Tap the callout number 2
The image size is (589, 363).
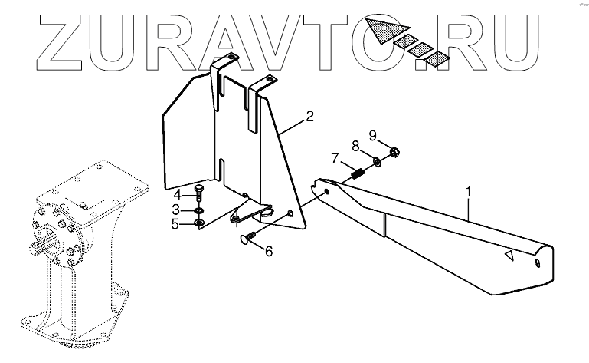309,117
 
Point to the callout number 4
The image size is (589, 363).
175,193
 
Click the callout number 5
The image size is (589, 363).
175,224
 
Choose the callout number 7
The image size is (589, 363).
334,159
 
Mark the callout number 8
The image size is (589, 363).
355,145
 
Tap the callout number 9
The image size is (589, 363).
373,136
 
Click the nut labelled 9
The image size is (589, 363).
393,151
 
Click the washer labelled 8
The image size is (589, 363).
377,161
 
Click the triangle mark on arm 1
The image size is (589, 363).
506,256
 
